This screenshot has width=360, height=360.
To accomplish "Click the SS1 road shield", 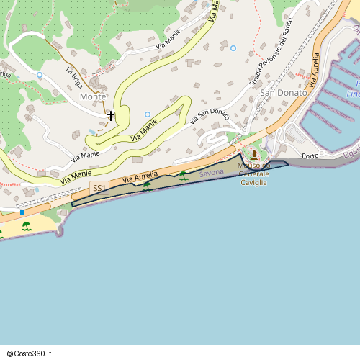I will coord(99,189).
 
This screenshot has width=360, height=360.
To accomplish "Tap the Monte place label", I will coord(93,96).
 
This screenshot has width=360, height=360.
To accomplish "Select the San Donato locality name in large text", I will coord(283,93).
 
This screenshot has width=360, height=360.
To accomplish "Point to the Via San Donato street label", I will coord(210,116).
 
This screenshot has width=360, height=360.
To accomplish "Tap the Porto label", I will coord(310,156).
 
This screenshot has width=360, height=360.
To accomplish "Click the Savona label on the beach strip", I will coord(212,174).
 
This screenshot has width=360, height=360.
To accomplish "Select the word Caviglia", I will coord(253,183).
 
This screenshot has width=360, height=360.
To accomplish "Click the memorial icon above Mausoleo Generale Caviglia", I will coord(253,155).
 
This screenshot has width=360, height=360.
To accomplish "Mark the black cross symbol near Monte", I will coord(111,115).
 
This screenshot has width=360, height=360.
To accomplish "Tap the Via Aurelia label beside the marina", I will coord(314,69).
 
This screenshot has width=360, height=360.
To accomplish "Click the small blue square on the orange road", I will coord(22,212).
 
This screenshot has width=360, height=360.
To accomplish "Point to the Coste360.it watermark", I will coord(30,354).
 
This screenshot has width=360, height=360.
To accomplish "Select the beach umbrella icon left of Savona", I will coord(183,176).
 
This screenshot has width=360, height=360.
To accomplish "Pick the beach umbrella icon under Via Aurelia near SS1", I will coord(147,185).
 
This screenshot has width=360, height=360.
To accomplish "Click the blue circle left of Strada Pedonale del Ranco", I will coord(233,48).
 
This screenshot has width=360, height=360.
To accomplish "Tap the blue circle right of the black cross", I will coord(148,114).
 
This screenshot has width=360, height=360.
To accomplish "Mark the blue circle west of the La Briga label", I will coord(40,75).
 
